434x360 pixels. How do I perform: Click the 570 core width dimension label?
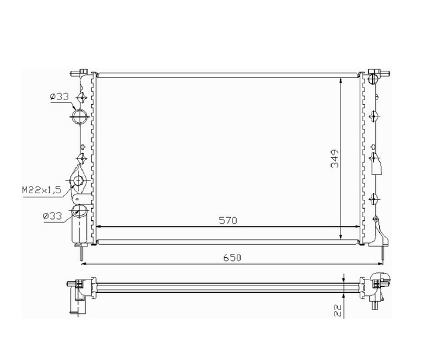(x=228, y=221)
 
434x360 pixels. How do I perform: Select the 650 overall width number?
(x=232, y=258)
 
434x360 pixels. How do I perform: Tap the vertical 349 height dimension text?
(x=334, y=158)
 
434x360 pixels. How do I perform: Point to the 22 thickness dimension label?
(x=338, y=310)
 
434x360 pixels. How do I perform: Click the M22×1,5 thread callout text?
(x=41, y=190)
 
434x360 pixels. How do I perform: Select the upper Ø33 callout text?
(x=59, y=97)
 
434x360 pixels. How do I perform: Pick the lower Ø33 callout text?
(x=53, y=215)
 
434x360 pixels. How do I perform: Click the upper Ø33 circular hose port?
(x=80, y=116)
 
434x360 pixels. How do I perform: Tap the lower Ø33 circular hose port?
(x=79, y=212)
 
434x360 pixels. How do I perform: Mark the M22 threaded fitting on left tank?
(x=79, y=181)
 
